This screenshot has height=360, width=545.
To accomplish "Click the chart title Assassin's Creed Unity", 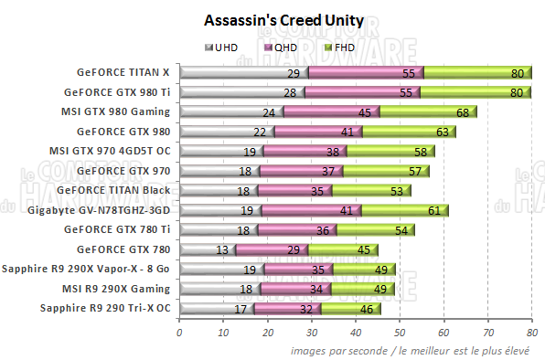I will coord(272,19).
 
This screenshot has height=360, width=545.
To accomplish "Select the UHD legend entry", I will coord(223,47).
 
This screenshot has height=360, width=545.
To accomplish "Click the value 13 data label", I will coord(222,249).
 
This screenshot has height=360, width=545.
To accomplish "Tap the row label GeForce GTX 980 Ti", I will coord(117,91).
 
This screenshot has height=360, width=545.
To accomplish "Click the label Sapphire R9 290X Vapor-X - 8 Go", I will coord(88,269).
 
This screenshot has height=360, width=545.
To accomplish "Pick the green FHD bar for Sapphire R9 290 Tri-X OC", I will coord(352,309).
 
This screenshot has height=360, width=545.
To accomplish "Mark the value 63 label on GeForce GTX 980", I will coord(442,132).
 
